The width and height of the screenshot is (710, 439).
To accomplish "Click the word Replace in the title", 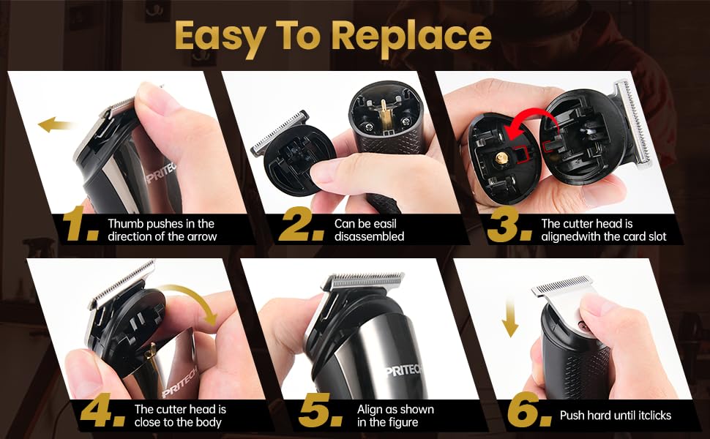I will (x=411, y=36).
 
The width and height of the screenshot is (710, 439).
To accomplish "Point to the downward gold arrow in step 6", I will (x=509, y=315).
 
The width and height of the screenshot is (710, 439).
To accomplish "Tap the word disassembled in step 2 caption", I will (x=369, y=236).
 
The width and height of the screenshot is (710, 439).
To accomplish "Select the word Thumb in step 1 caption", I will (x=123, y=223).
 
